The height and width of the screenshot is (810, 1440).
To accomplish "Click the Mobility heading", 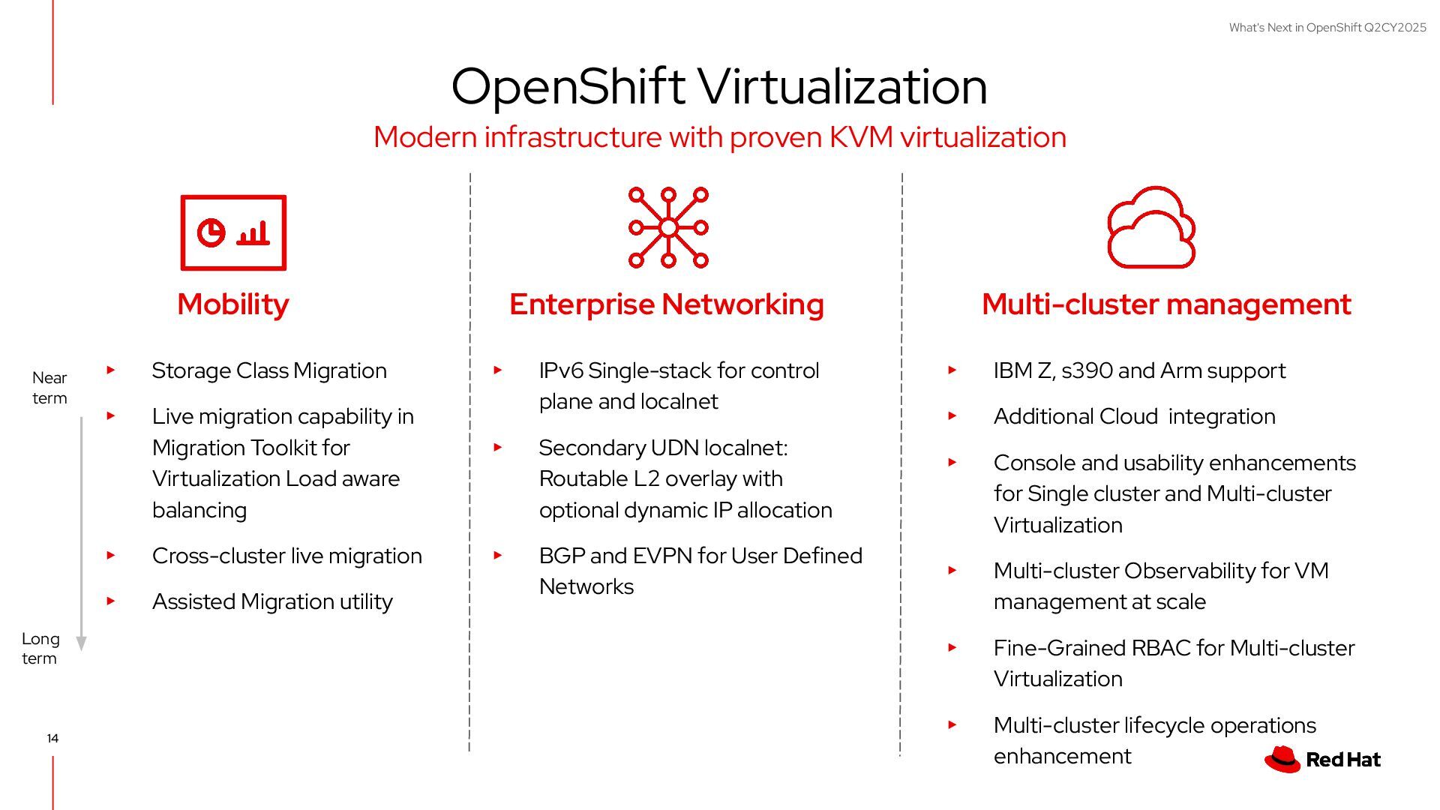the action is [232, 304].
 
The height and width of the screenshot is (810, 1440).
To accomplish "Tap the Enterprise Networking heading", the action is [666, 304].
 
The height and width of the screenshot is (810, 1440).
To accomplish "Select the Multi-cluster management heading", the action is [1166, 304].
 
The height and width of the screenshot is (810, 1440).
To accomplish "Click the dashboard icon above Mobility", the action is [233, 232].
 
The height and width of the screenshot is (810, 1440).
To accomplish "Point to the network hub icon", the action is [668, 227].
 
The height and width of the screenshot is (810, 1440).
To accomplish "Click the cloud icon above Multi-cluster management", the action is [1151, 227].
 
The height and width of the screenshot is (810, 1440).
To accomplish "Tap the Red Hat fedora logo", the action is [1282, 759].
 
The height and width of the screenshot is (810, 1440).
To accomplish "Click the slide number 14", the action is [52, 738].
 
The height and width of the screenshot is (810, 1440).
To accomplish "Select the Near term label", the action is [49, 388].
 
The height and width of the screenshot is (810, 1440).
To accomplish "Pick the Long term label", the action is [40, 649].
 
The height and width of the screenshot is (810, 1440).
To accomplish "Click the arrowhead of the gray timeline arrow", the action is [82, 643].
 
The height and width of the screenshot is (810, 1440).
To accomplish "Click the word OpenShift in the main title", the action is [568, 86].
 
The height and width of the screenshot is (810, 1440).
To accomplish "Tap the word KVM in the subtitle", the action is [861, 137].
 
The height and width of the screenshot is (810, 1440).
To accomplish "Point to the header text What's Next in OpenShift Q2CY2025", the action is [1327, 28].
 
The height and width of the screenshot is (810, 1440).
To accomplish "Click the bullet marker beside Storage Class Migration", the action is [111, 370].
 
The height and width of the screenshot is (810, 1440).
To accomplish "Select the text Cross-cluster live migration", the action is [286, 556].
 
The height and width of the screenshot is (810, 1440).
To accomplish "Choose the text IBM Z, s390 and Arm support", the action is [1139, 370].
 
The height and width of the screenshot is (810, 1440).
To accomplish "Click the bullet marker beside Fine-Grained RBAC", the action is [952, 647].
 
